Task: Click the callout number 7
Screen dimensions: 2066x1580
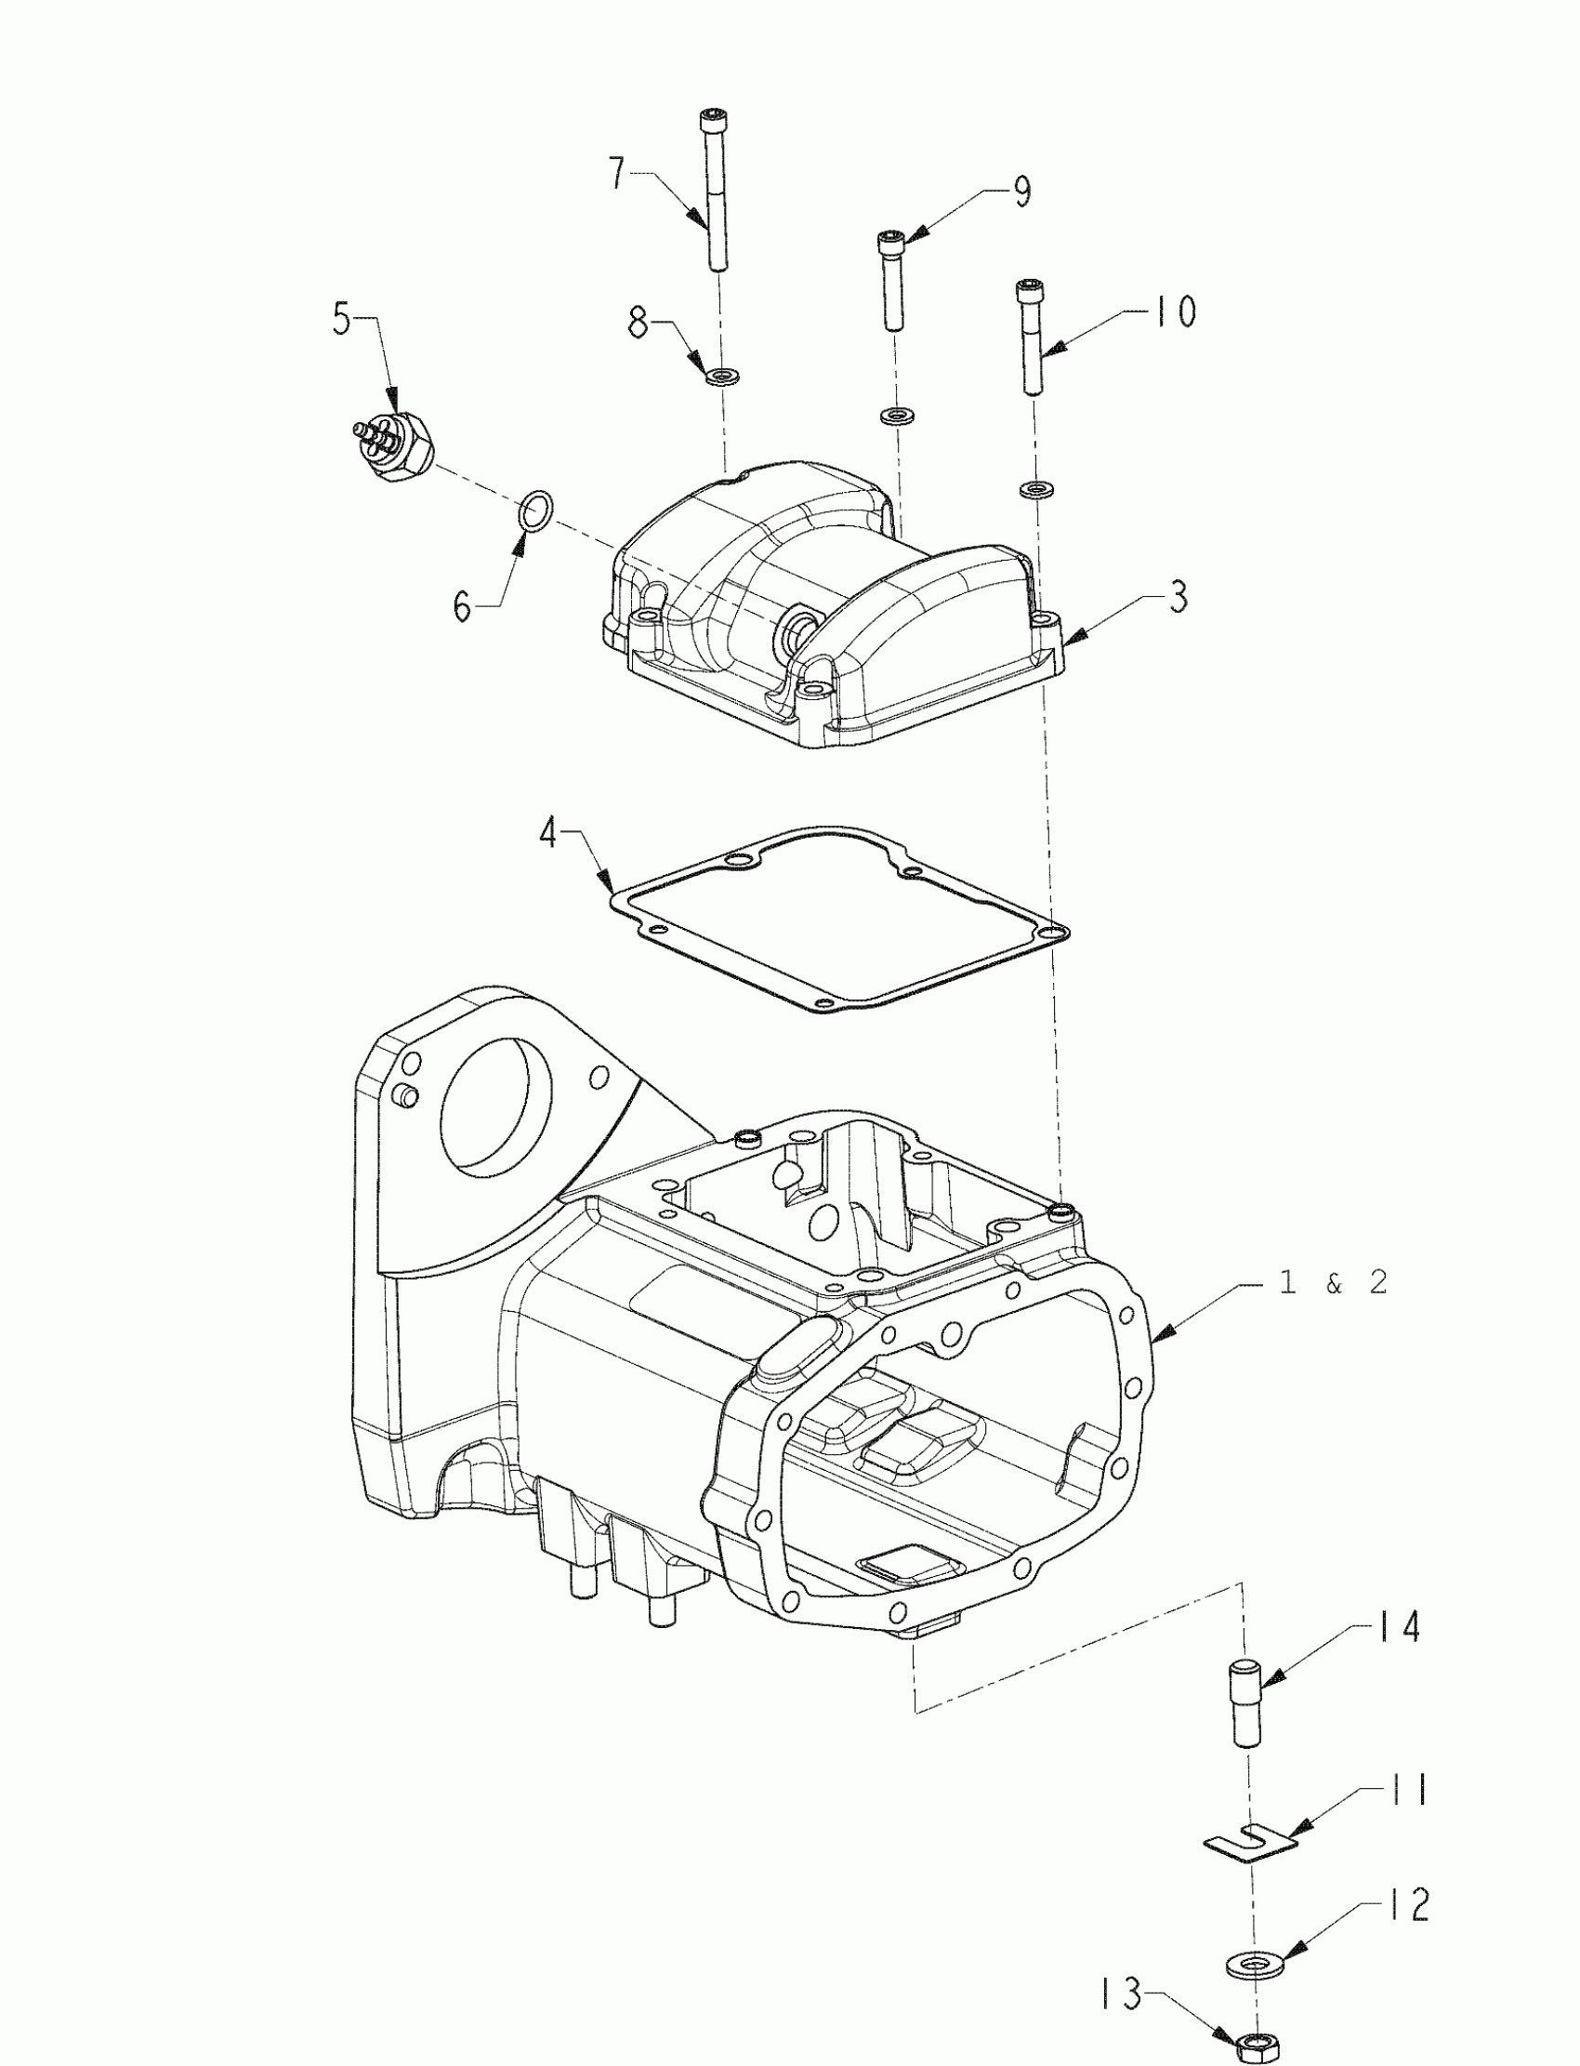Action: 617,175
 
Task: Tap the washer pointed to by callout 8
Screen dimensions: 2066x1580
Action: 722,377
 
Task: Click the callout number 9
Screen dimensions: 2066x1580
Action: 1021,192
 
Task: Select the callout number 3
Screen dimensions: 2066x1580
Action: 1178,597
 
